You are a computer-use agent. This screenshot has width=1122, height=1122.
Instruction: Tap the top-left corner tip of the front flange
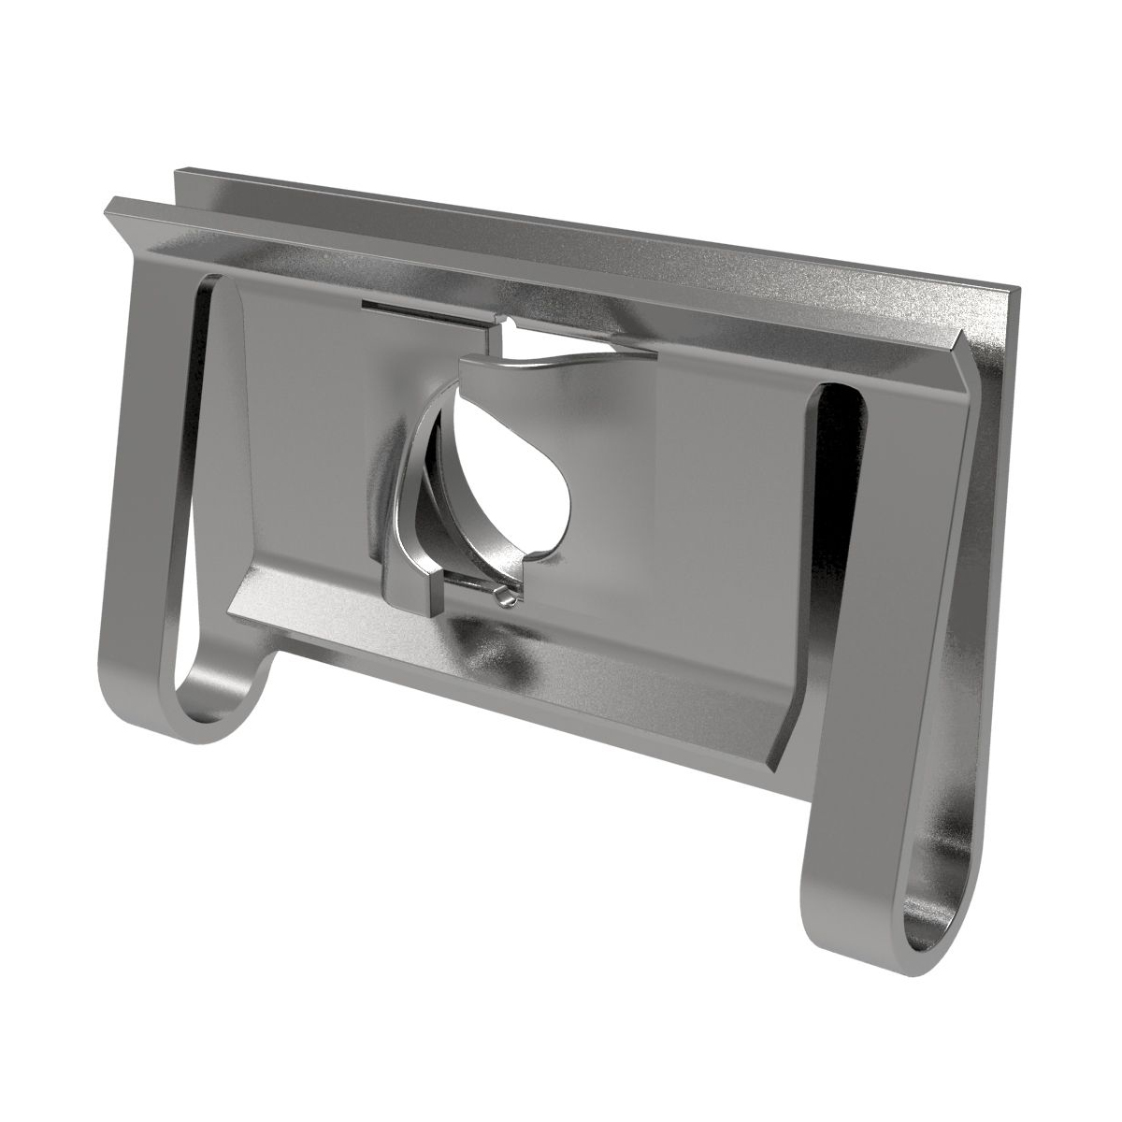[110, 203]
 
